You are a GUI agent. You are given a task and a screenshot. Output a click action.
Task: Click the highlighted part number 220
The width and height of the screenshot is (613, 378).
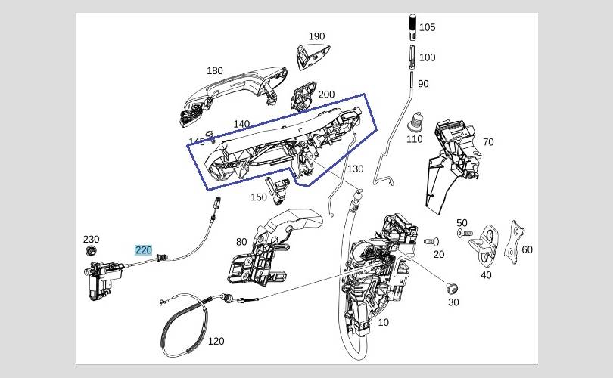(x=143, y=249)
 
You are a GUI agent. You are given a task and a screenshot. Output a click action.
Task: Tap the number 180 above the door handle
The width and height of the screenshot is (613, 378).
(x=215, y=71)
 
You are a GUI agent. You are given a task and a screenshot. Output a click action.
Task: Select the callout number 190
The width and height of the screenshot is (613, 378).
(x=316, y=36)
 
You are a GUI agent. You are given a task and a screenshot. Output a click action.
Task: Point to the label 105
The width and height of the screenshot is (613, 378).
(x=427, y=27)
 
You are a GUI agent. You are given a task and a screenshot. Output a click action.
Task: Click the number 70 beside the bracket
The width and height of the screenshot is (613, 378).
(x=487, y=142)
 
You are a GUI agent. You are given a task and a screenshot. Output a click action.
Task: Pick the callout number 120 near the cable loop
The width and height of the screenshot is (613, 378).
(x=216, y=341)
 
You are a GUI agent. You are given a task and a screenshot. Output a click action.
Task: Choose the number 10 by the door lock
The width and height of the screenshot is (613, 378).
(x=384, y=323)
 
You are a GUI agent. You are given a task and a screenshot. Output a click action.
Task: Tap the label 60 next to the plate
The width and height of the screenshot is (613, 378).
(x=527, y=249)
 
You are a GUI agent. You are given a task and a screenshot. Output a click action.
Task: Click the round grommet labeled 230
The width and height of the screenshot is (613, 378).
(x=92, y=251)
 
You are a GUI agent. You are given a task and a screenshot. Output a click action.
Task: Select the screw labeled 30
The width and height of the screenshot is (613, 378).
(x=452, y=287)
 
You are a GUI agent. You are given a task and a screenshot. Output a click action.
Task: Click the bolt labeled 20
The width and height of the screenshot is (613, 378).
(x=430, y=241)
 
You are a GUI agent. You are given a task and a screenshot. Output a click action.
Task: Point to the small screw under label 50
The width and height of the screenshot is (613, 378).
(x=462, y=234)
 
